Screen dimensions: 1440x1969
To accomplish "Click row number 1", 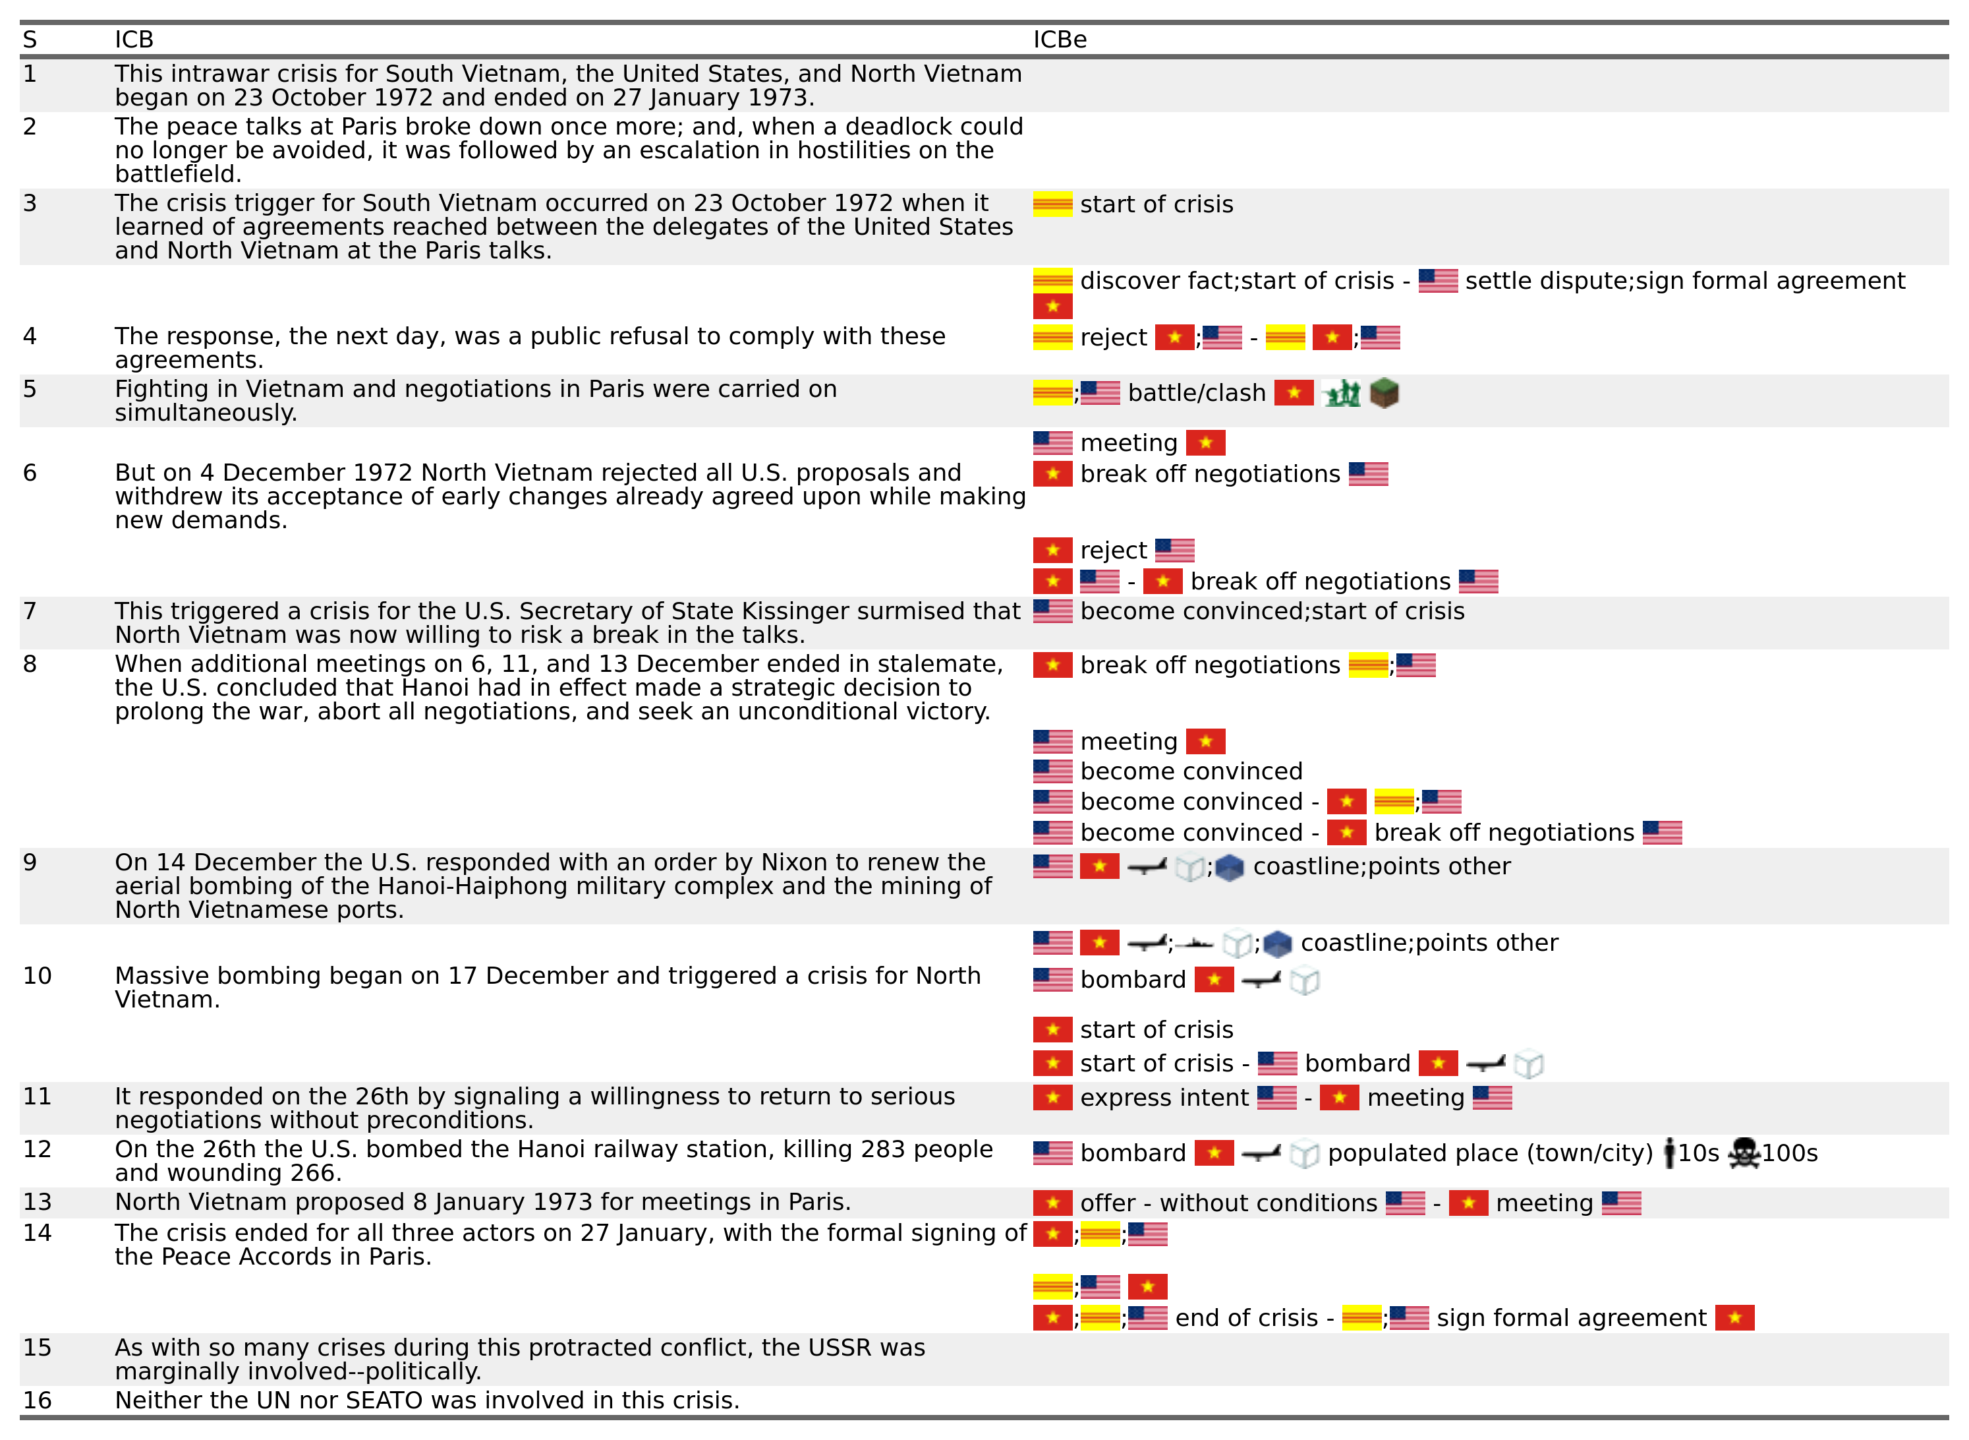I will click(x=30, y=74).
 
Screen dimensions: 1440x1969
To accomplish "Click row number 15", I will click(x=37, y=1348).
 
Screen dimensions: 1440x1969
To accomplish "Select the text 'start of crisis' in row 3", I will click(x=1156, y=205).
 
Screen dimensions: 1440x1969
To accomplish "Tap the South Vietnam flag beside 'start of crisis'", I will click(x=1052, y=205).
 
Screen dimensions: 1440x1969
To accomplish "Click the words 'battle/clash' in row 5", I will click(x=1196, y=393).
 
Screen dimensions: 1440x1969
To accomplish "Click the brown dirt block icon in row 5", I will click(x=1384, y=393).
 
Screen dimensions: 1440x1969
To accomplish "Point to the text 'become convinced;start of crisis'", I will click(x=1272, y=612).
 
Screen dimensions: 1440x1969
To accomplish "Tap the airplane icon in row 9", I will click(x=1147, y=867).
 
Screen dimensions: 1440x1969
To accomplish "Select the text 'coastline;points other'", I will click(x=1381, y=867).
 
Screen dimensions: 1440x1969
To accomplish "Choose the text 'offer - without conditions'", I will click(x=1228, y=1204).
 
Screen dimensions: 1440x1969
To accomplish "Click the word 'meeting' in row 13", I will click(x=1544, y=1204).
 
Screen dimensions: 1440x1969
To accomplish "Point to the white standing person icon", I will click(x=1669, y=1153).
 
